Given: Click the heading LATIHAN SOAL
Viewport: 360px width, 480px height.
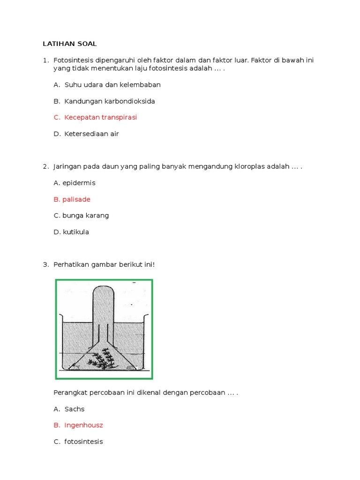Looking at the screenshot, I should [x=69, y=44].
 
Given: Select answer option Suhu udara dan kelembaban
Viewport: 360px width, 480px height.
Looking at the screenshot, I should [x=112, y=85].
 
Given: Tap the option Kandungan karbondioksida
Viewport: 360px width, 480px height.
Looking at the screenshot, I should [x=109, y=101].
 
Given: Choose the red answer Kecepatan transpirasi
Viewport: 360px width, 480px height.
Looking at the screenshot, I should [x=100, y=117].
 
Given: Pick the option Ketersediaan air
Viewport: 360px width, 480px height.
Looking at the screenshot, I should [x=91, y=134].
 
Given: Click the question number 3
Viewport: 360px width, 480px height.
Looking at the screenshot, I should [x=45, y=265].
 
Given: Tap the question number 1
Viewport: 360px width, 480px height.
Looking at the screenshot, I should [x=45, y=60].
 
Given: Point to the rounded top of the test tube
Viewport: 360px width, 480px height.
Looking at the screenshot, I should [x=103, y=291].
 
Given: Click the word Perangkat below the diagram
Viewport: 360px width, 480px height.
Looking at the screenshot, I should [x=71, y=392].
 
